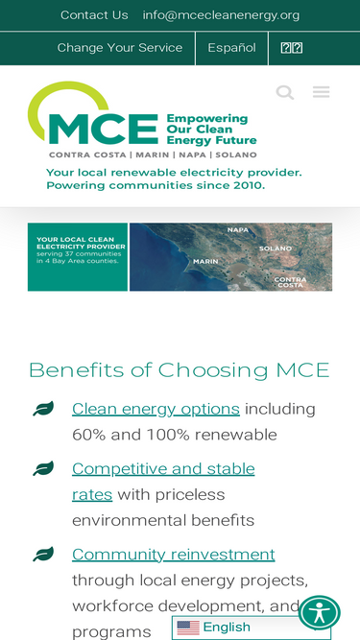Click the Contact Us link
pyautogui.click(x=94, y=15)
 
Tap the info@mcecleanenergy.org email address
pyautogui.click(x=221, y=15)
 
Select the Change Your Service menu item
pyautogui.click(x=119, y=48)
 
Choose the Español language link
pyautogui.click(x=231, y=48)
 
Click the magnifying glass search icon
pyautogui.click(x=285, y=92)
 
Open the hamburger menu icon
pyautogui.click(x=321, y=92)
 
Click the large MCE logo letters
pyautogui.click(x=103, y=128)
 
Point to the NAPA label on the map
pyautogui.click(x=237, y=230)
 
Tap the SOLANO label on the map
pyautogui.click(x=275, y=249)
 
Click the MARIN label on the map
pyautogui.click(x=205, y=261)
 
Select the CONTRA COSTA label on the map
pyautogui.click(x=290, y=282)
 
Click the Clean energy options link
pyautogui.click(x=156, y=409)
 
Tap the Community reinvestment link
pyautogui.click(x=173, y=555)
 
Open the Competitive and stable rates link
pyautogui.click(x=162, y=469)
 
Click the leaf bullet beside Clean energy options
pyautogui.click(x=43, y=409)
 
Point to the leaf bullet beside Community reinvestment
pyautogui.click(x=43, y=555)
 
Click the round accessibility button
pyautogui.click(x=319, y=612)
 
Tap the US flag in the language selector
pyautogui.click(x=188, y=628)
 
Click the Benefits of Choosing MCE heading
pyautogui.click(x=179, y=370)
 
